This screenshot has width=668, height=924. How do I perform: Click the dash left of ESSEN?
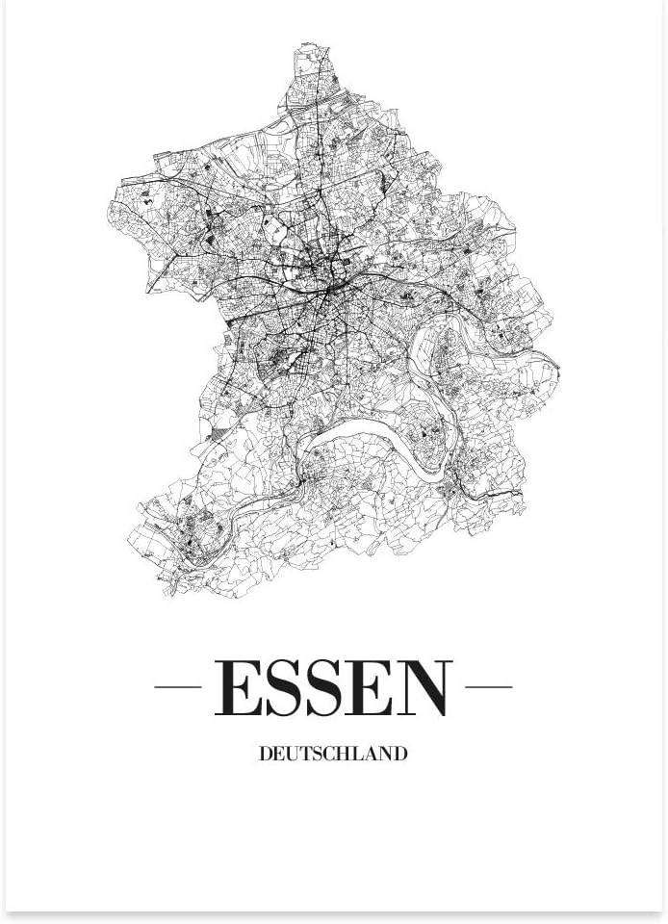tap(177, 687)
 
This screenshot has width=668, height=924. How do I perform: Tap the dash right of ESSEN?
tap(488, 687)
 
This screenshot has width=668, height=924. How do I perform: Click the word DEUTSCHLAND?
tap(333, 754)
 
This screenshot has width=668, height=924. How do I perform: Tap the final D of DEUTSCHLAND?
tap(400, 754)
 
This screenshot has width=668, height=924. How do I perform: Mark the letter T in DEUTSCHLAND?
tap(305, 754)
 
